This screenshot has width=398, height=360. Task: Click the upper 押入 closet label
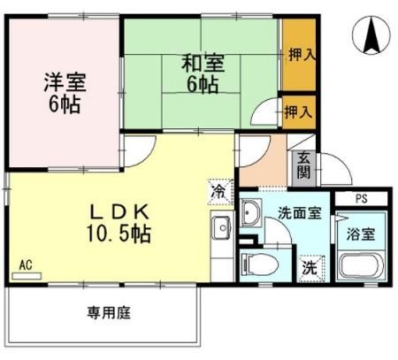tap(301, 55)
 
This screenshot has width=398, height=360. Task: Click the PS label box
tap(362, 199)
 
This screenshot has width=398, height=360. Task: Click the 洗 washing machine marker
tap(310, 265)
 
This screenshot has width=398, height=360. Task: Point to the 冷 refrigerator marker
tap(218, 189)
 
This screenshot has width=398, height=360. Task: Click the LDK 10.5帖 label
tap(122, 224)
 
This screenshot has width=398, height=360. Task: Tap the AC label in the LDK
tap(27, 264)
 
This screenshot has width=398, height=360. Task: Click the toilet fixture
tap(260, 264)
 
